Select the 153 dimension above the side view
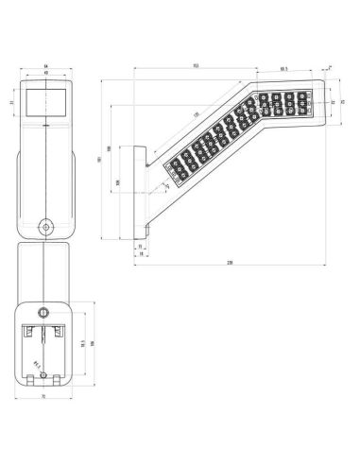pyautogui.click(x=195, y=66)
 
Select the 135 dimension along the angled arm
pyautogui.click(x=197, y=115)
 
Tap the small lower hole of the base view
pyautogui.click(x=45, y=379)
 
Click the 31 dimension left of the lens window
pyautogui.click(x=11, y=101)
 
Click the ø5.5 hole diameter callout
pyautogui.click(x=34, y=360)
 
